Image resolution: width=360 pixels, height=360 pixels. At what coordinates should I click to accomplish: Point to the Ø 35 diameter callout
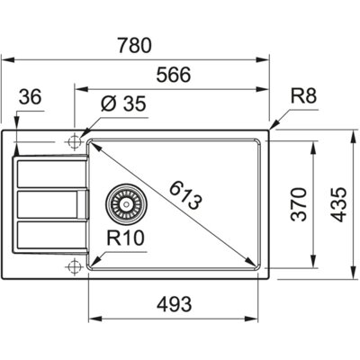tap(122, 104)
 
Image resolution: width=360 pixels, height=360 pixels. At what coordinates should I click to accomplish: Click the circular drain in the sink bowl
tap(125, 204)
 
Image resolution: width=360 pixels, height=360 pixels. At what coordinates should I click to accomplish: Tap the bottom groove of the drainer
tap(49, 237)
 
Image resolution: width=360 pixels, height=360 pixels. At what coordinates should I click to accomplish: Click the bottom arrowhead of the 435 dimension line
tap(348, 273)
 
